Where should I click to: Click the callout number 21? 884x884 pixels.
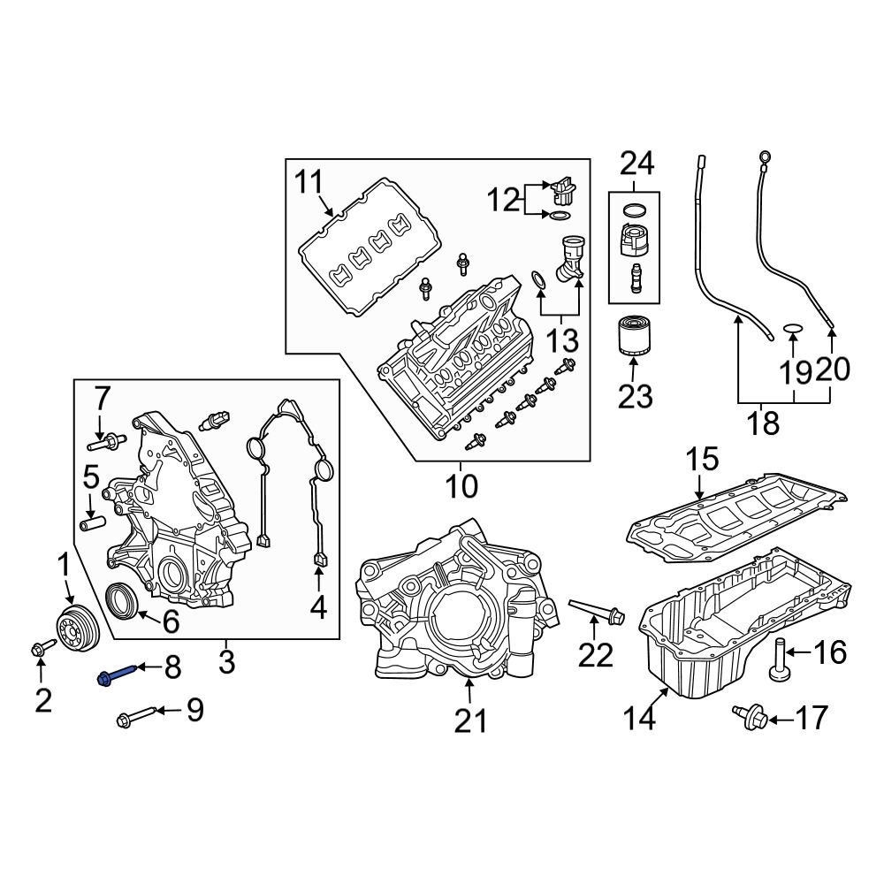471,722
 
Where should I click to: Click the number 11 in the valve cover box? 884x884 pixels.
310,184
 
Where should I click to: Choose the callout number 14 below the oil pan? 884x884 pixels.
638,718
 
